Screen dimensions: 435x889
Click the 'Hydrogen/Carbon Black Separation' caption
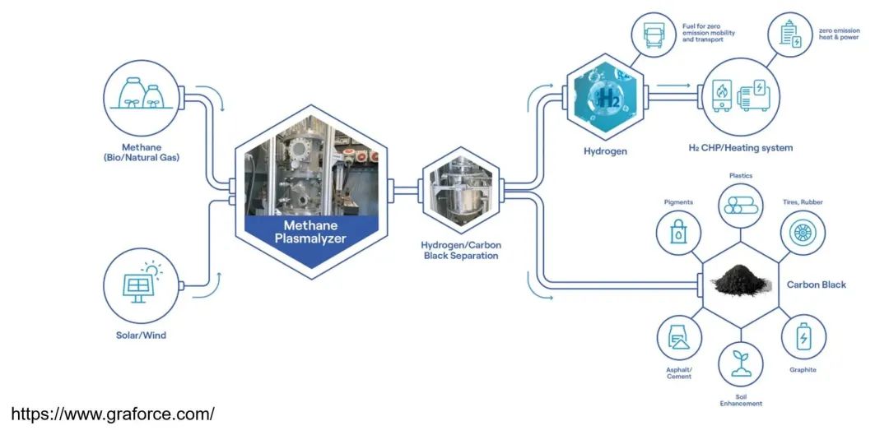pos(460,250)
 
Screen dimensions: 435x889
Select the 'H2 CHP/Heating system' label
pos(740,148)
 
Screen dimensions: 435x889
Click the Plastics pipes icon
pos(740,205)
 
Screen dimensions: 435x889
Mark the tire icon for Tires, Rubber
pos(800,233)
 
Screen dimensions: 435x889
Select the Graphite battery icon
pos(803,337)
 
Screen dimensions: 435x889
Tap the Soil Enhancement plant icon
pos(740,364)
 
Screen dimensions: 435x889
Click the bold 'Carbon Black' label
pos(817,285)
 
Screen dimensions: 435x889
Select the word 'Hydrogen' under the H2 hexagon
pos(605,151)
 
